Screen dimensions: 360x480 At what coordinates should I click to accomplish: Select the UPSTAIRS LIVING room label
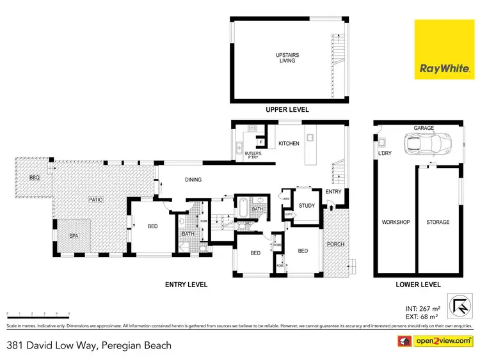click(287, 58)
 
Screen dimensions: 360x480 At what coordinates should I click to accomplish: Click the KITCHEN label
click(289, 143)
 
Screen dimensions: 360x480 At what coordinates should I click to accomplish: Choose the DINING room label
click(193, 180)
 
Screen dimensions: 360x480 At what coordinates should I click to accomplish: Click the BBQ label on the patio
click(34, 177)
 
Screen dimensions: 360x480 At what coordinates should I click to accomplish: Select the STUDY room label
click(307, 206)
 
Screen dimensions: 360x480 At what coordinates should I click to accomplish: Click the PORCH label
click(335, 244)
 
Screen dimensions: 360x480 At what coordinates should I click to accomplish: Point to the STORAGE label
click(438, 223)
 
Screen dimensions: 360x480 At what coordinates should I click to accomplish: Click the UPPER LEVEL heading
click(287, 110)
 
